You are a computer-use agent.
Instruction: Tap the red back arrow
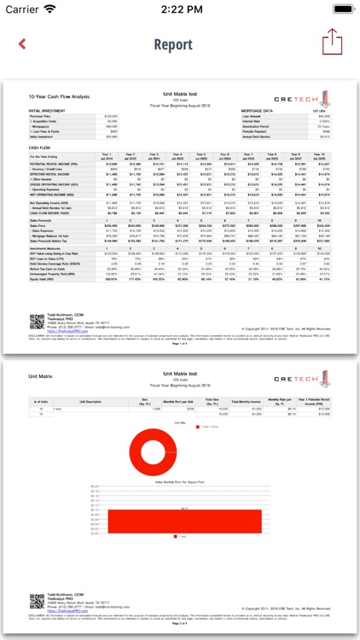pos(22,44)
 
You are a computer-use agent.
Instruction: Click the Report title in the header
pos(179,44)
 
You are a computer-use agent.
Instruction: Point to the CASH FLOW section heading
pos(41,147)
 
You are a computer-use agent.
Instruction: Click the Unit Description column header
pos(90,400)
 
